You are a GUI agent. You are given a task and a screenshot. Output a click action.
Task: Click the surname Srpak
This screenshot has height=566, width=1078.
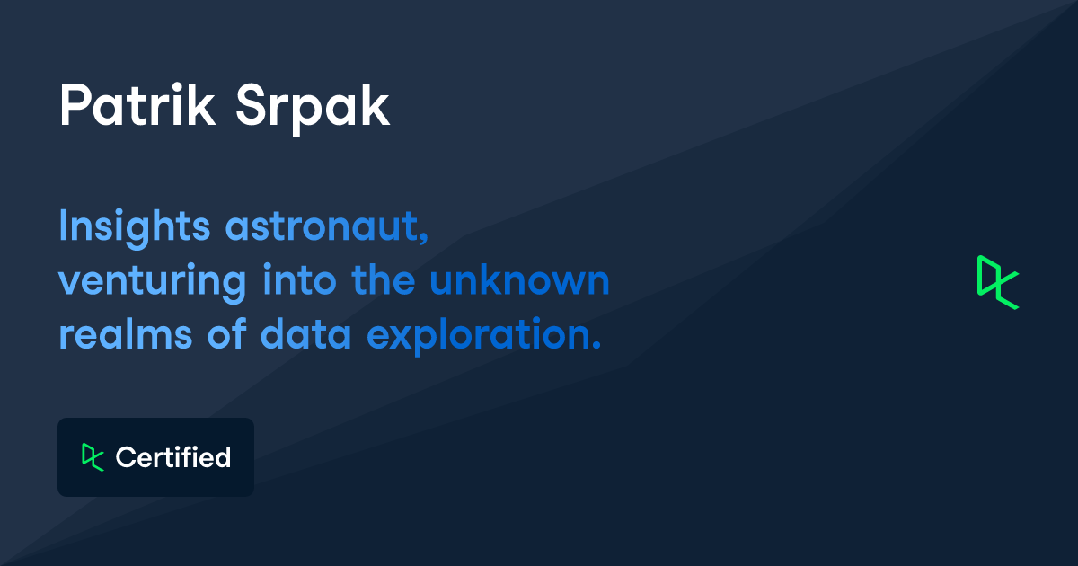coord(313,108)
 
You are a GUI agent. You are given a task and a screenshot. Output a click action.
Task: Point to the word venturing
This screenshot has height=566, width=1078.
coord(152,282)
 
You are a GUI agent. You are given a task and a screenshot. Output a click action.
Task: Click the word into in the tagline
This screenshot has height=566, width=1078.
coord(300,280)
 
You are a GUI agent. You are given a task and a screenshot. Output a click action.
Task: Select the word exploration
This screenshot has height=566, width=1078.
coord(478,336)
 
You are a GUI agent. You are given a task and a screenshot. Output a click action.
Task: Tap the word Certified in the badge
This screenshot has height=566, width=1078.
coord(173,457)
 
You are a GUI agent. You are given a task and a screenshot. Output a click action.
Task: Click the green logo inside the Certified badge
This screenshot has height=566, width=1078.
coord(92,457)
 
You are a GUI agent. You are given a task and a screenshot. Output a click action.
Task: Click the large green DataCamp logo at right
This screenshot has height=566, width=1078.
coord(997,282)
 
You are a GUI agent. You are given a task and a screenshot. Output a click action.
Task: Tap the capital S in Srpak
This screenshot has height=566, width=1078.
coord(251,106)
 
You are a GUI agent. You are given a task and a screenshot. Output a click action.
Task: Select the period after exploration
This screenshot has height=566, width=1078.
coord(595,346)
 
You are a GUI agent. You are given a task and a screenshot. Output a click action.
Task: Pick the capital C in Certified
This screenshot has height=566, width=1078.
coord(125,457)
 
